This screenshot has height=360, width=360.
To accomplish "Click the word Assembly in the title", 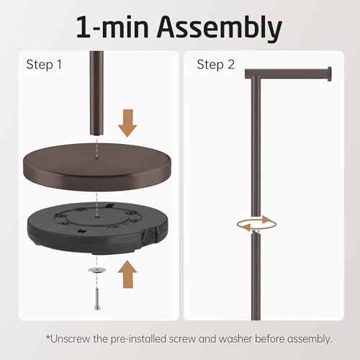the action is click(x=219, y=27).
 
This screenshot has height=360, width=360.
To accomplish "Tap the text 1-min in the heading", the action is click(x=112, y=27).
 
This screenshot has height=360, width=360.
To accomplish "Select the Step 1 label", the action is click(x=44, y=65).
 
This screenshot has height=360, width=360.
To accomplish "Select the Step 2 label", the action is click(x=215, y=65).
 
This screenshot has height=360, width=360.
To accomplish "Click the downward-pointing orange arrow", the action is click(x=127, y=123).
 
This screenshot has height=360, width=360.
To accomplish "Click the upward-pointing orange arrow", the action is click(x=127, y=274).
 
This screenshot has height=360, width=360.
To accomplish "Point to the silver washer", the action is click(x=97, y=270).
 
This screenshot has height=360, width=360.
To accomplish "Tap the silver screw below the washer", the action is click(x=97, y=299).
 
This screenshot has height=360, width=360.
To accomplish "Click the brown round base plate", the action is click(x=97, y=167).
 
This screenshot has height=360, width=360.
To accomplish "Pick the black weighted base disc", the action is click(x=97, y=228).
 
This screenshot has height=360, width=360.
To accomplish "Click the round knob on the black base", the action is click(x=148, y=236).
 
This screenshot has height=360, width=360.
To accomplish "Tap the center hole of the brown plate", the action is click(x=96, y=158).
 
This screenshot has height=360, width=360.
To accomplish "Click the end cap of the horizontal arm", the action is click(x=330, y=74).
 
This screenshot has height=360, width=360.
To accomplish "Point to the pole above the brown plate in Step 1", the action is click(x=97, y=93).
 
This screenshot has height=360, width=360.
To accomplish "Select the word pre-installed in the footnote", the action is click(x=138, y=339).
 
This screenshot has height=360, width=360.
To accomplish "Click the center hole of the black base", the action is click(x=96, y=216).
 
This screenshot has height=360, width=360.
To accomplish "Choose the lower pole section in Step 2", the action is click(x=256, y=276).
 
